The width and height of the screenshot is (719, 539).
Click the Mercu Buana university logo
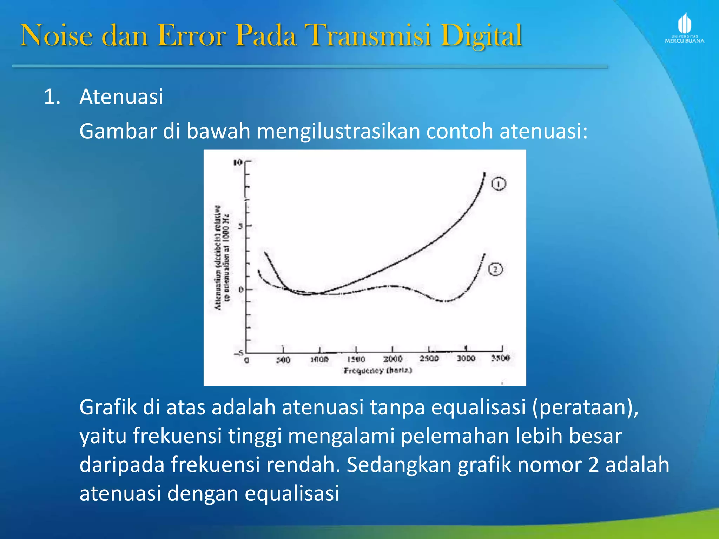(x=684, y=29)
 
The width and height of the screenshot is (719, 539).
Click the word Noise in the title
(x=57, y=36)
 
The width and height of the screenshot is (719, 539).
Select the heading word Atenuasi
(x=121, y=97)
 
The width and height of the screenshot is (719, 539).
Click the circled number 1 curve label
(x=499, y=184)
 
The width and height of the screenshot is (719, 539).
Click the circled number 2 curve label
(x=495, y=269)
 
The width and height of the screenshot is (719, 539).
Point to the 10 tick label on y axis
(x=238, y=162)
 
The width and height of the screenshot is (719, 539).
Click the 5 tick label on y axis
(x=240, y=226)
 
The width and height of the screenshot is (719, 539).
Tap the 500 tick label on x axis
(x=283, y=360)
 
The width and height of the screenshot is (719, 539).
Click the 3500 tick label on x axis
(x=500, y=358)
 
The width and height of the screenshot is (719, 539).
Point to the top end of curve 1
(x=484, y=173)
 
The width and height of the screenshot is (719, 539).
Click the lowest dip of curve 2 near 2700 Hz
(x=444, y=301)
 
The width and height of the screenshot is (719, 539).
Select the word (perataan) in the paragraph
(x=585, y=408)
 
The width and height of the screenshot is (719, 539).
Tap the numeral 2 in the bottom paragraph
(x=593, y=465)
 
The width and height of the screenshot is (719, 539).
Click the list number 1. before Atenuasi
(x=52, y=97)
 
